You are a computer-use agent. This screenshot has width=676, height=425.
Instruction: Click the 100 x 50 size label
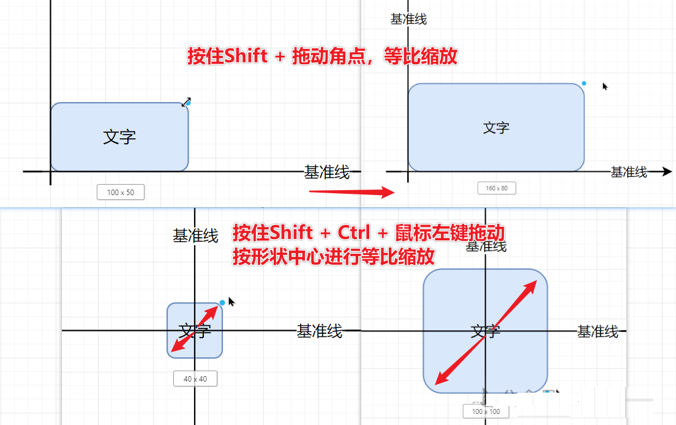click(x=121, y=192)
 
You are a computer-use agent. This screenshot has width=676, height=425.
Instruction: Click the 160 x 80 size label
click(x=497, y=188)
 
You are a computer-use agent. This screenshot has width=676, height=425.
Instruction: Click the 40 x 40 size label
click(x=195, y=379)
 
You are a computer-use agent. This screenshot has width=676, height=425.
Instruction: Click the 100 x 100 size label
click(x=486, y=412)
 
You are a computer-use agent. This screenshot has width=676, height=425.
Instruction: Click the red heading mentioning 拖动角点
click(x=322, y=57)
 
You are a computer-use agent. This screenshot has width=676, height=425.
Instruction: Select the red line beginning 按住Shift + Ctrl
click(x=369, y=233)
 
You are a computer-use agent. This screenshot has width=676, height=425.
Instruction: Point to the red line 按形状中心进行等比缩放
click(x=334, y=257)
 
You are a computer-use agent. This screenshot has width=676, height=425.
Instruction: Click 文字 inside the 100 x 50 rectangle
click(x=119, y=136)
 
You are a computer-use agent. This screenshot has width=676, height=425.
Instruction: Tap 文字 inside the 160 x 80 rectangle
click(x=496, y=128)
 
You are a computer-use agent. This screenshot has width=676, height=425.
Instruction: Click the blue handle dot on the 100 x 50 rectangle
click(x=188, y=103)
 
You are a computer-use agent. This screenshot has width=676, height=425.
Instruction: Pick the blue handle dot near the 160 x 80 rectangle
click(x=584, y=83)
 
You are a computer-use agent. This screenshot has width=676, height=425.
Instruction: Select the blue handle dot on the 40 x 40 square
click(x=222, y=303)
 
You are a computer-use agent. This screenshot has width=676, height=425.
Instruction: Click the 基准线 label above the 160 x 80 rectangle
click(x=408, y=20)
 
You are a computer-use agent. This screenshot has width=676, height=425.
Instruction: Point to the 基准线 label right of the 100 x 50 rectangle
click(x=327, y=172)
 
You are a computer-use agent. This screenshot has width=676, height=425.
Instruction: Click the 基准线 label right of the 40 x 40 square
click(x=319, y=331)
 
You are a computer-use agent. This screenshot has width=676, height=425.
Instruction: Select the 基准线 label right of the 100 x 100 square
click(x=598, y=331)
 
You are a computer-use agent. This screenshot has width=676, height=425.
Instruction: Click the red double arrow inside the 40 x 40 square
click(x=195, y=329)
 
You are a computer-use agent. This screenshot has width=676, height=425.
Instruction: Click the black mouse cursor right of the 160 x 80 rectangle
click(x=605, y=87)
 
